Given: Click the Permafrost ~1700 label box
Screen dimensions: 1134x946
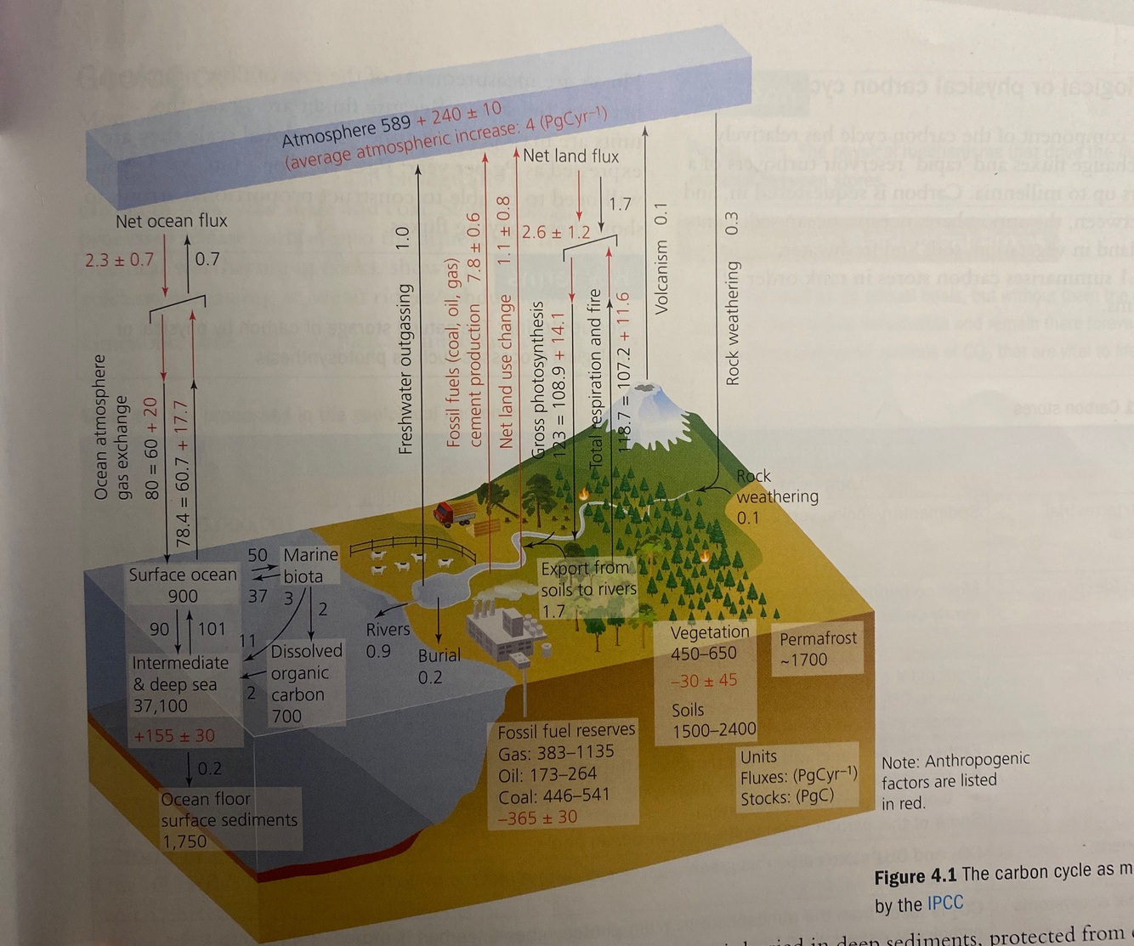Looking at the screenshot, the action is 818,649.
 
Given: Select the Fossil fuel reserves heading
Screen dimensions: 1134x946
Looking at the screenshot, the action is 566,730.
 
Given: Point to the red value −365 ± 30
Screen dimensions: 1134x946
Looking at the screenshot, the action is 537,818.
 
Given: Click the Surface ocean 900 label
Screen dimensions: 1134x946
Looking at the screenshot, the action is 183,585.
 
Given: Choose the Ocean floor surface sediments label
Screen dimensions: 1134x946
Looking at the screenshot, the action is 229,819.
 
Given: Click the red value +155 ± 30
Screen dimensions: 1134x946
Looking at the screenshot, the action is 174,736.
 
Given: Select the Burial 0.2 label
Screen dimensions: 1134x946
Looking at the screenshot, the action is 439,666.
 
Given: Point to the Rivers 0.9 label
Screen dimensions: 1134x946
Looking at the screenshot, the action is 387,640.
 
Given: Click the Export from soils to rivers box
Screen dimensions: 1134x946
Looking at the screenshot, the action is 588,587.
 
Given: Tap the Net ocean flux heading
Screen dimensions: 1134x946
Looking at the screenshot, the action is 172,221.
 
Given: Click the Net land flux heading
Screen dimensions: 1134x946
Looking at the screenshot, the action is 570,156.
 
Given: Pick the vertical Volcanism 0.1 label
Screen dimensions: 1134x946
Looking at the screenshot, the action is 661,259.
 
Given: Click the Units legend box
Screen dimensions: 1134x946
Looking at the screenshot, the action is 797,776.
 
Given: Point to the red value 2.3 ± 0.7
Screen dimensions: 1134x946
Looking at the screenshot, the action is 119,259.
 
